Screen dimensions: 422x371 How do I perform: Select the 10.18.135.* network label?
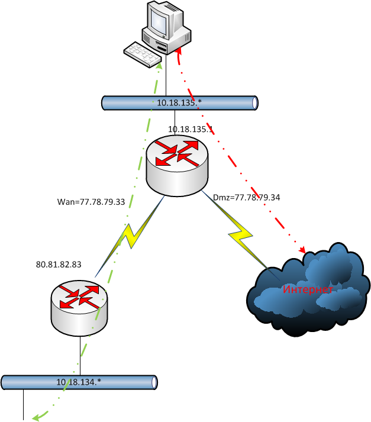click(x=179, y=103)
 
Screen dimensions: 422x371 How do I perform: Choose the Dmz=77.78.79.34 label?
click(x=246, y=197)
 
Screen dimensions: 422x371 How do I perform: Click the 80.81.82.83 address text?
click(x=59, y=265)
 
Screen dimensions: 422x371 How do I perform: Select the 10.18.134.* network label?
click(x=79, y=382)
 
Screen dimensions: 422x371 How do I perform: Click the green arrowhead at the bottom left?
click(x=37, y=417)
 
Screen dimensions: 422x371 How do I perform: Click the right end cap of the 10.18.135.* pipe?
click(x=254, y=102)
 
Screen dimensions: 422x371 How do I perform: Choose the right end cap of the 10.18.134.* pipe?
click(x=156, y=382)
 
